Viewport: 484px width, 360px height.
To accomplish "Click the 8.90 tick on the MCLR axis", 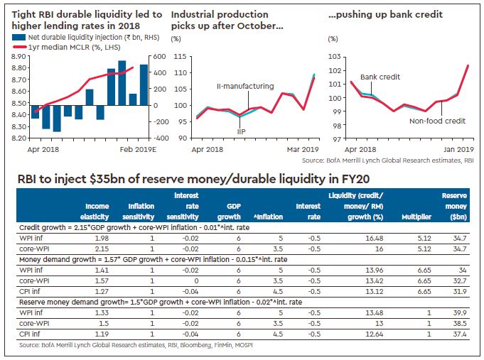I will coord(20,56).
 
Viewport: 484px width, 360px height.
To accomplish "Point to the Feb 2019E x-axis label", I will coord(131,150).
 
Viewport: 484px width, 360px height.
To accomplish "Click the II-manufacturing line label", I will coord(245,86).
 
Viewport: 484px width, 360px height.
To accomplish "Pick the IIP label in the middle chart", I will coord(242,133).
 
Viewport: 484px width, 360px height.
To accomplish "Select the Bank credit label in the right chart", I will coord(379,77).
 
